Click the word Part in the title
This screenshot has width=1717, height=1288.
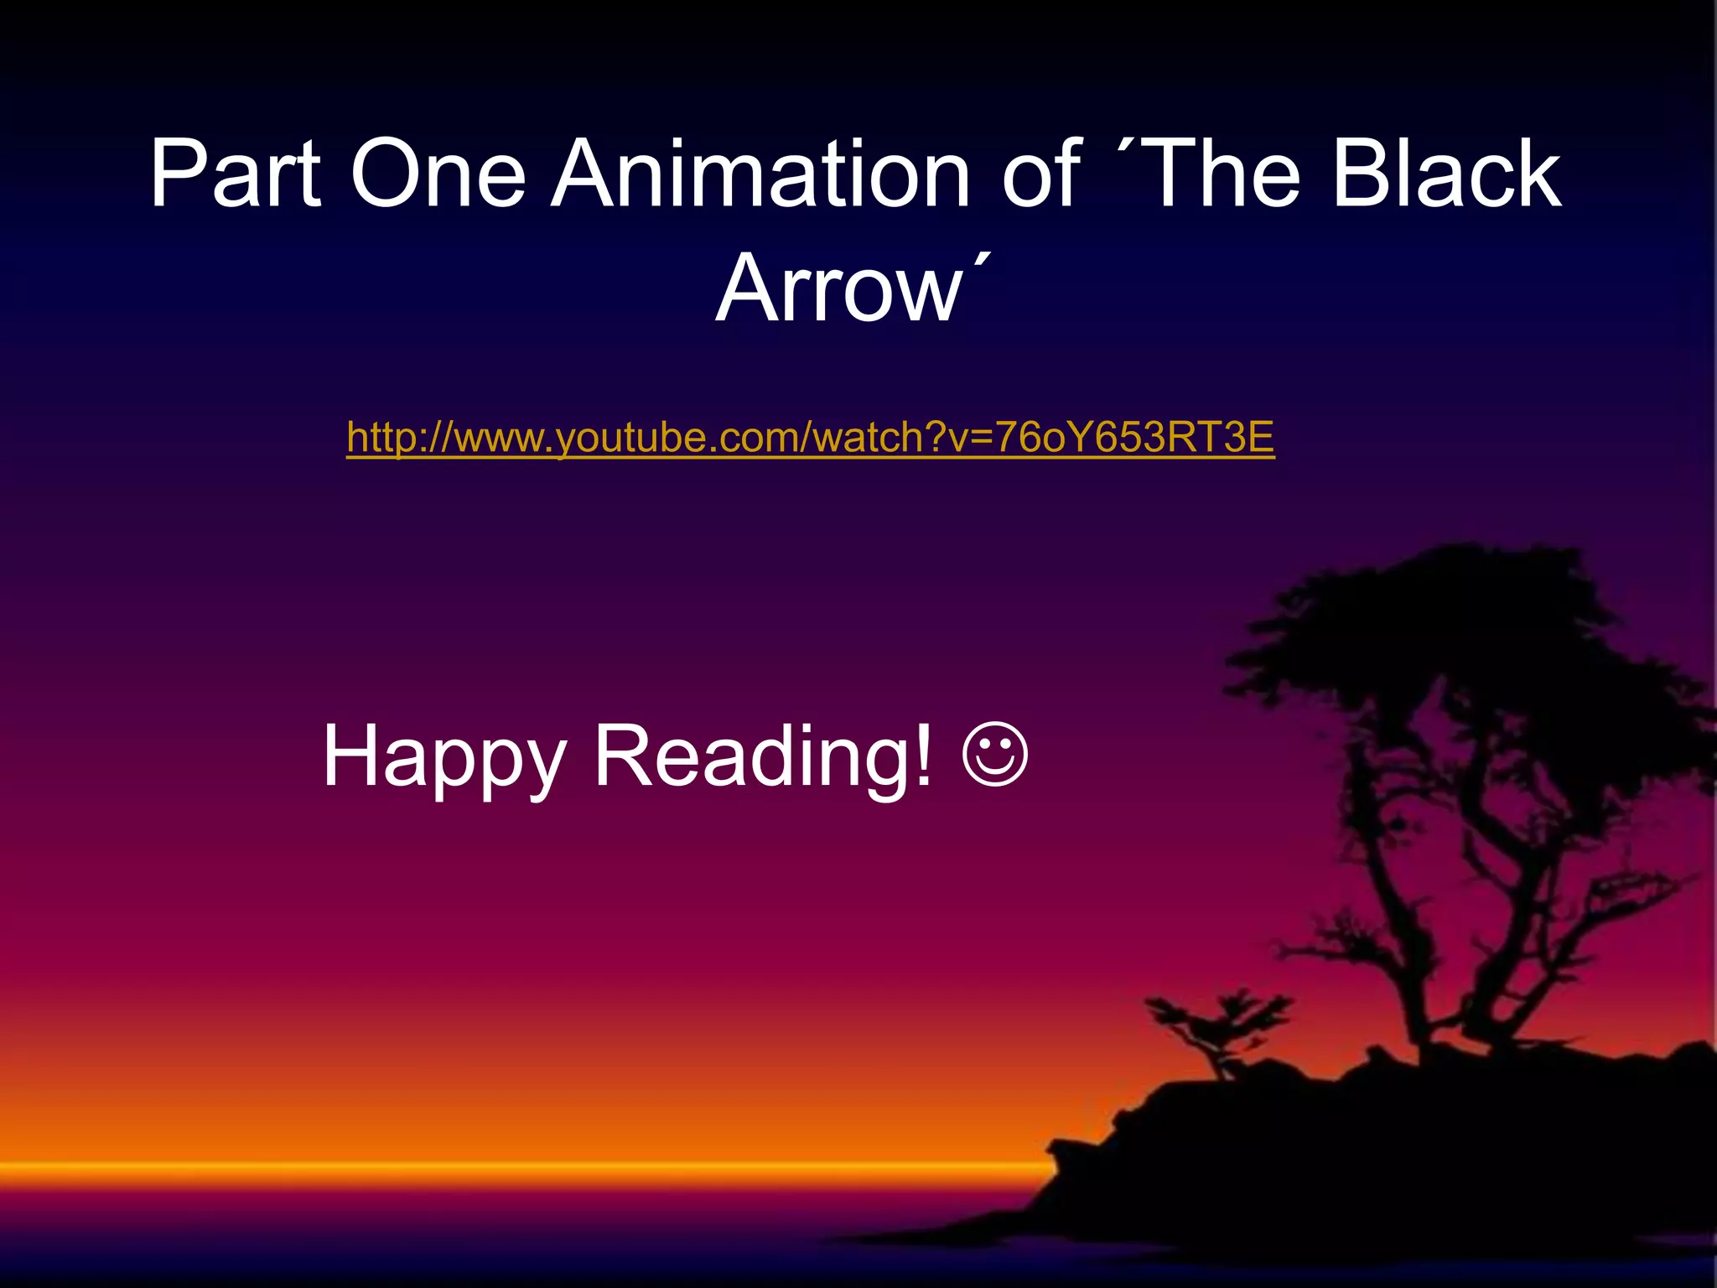(x=236, y=174)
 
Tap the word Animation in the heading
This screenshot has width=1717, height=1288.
(x=759, y=174)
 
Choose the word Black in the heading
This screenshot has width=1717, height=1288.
(x=1445, y=174)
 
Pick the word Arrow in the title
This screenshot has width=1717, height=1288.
(x=838, y=289)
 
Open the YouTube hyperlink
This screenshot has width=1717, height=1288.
(x=810, y=438)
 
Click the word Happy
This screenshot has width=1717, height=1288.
(x=444, y=756)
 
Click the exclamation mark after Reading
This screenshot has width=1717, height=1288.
(x=923, y=756)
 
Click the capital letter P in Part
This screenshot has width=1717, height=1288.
(x=179, y=174)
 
